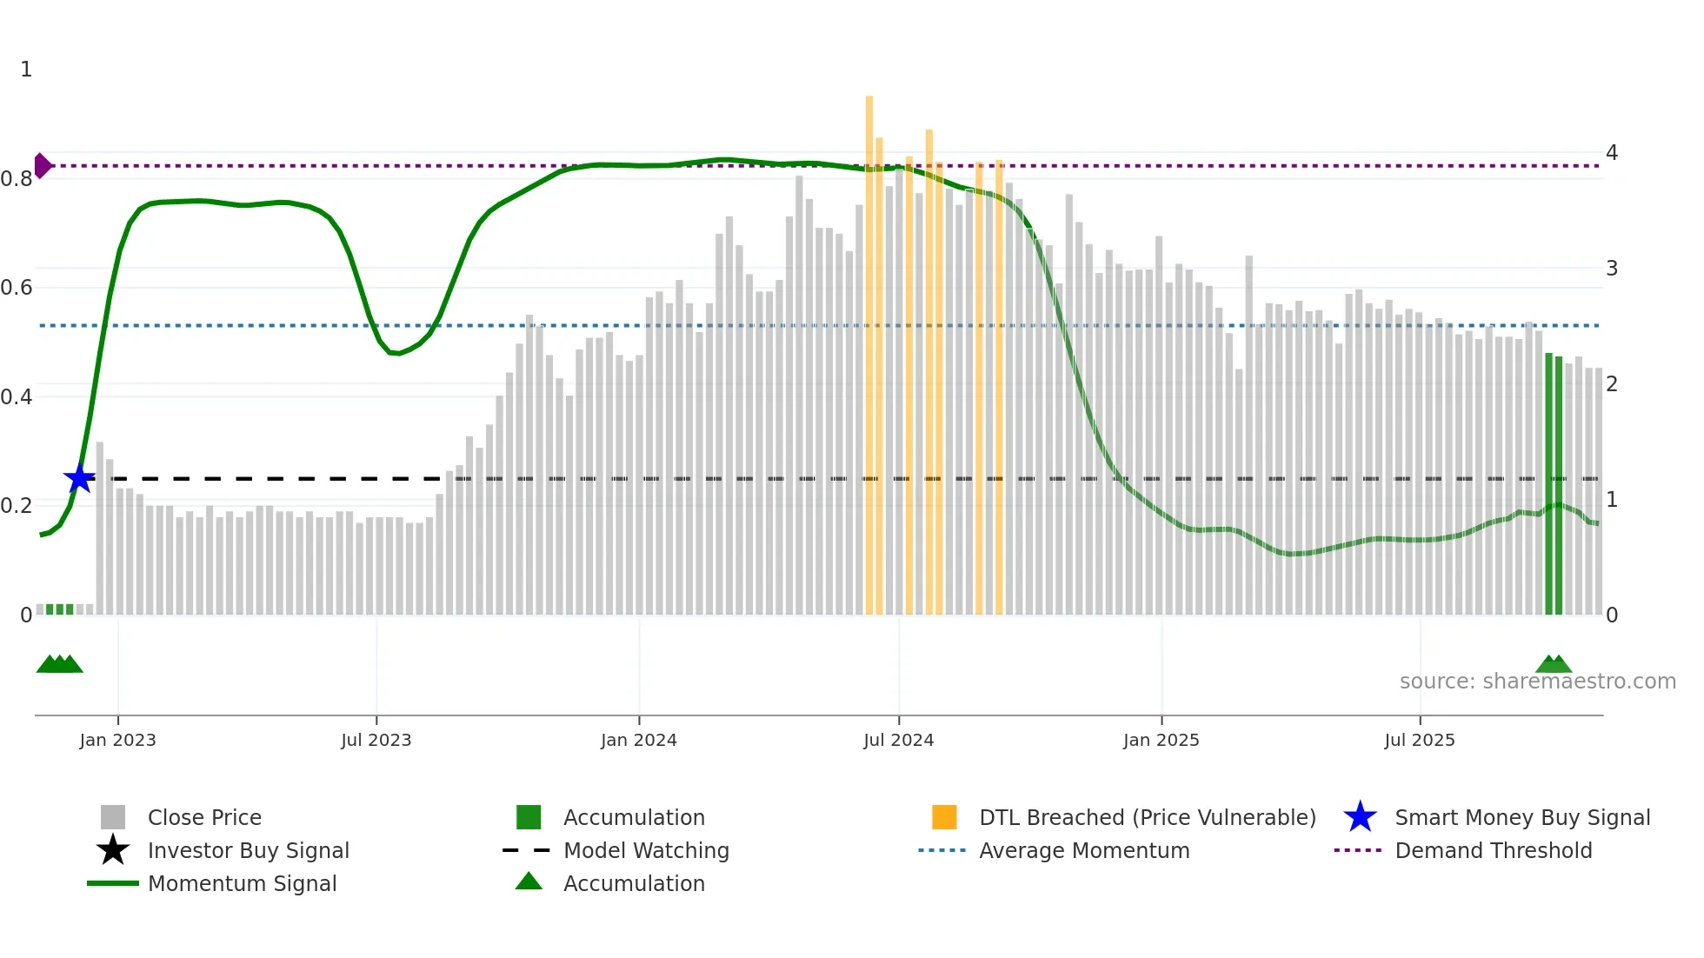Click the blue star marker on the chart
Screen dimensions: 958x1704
pos(79,478)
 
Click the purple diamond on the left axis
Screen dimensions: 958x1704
pos(43,165)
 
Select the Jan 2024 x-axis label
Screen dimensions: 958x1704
pos(638,740)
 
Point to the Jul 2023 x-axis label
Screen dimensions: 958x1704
pos(376,740)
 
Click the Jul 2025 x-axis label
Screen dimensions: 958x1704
pos(1419,740)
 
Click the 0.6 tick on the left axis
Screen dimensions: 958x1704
pos(16,288)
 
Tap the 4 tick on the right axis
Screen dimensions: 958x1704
pos(1611,153)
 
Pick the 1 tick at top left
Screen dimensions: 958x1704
pos(26,70)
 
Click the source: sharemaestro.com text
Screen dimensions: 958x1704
pos(1537,682)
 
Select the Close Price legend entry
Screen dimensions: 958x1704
pos(204,817)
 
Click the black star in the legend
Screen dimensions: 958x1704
pos(113,850)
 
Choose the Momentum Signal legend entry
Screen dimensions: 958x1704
pos(242,883)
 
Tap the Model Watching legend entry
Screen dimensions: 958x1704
pos(646,850)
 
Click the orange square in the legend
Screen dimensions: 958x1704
pos(944,817)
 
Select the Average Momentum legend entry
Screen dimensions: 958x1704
pos(1084,850)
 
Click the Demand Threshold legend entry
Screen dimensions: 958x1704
pos(1493,850)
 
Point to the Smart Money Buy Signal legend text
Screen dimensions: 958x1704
pos(1522,817)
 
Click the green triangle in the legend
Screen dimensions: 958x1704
pos(529,881)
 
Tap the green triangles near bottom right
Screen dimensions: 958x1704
pos(1554,665)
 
